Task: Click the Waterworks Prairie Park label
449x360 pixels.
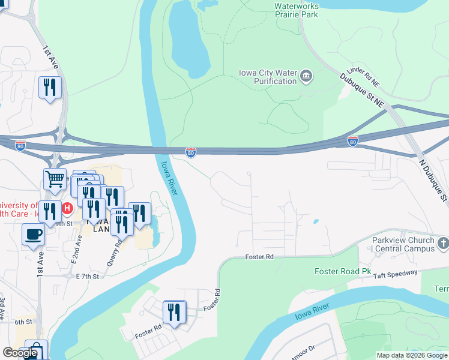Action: [295, 10]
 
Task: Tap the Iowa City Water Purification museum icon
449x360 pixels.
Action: [307, 76]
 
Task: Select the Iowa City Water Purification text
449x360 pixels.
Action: [268, 77]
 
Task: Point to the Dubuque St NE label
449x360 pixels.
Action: [361, 90]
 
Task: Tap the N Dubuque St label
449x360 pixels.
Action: [433, 179]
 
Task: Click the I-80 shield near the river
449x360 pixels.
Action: [190, 152]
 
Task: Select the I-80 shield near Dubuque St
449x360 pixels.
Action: [353, 141]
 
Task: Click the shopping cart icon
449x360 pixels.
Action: [55, 178]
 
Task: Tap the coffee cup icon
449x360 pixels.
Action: [33, 233]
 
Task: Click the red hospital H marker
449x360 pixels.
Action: [67, 209]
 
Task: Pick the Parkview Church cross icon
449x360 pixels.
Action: [443, 243]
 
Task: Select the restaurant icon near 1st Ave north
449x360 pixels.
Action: [49, 87]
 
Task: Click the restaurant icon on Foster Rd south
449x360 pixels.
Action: [174, 311]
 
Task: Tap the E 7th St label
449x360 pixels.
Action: [87, 276]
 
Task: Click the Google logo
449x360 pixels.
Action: [20, 353]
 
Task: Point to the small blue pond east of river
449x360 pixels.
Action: [316, 221]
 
